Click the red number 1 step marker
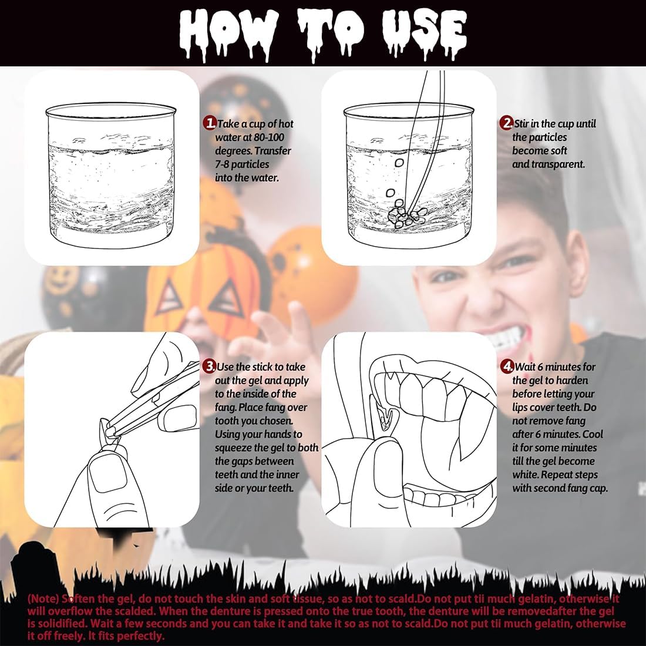click(210, 123)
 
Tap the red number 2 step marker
click(507, 123)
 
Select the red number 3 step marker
click(210, 366)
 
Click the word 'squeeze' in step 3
click(233, 448)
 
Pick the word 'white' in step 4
click(525, 475)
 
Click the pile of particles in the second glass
click(406, 214)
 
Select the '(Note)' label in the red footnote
click(42, 598)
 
